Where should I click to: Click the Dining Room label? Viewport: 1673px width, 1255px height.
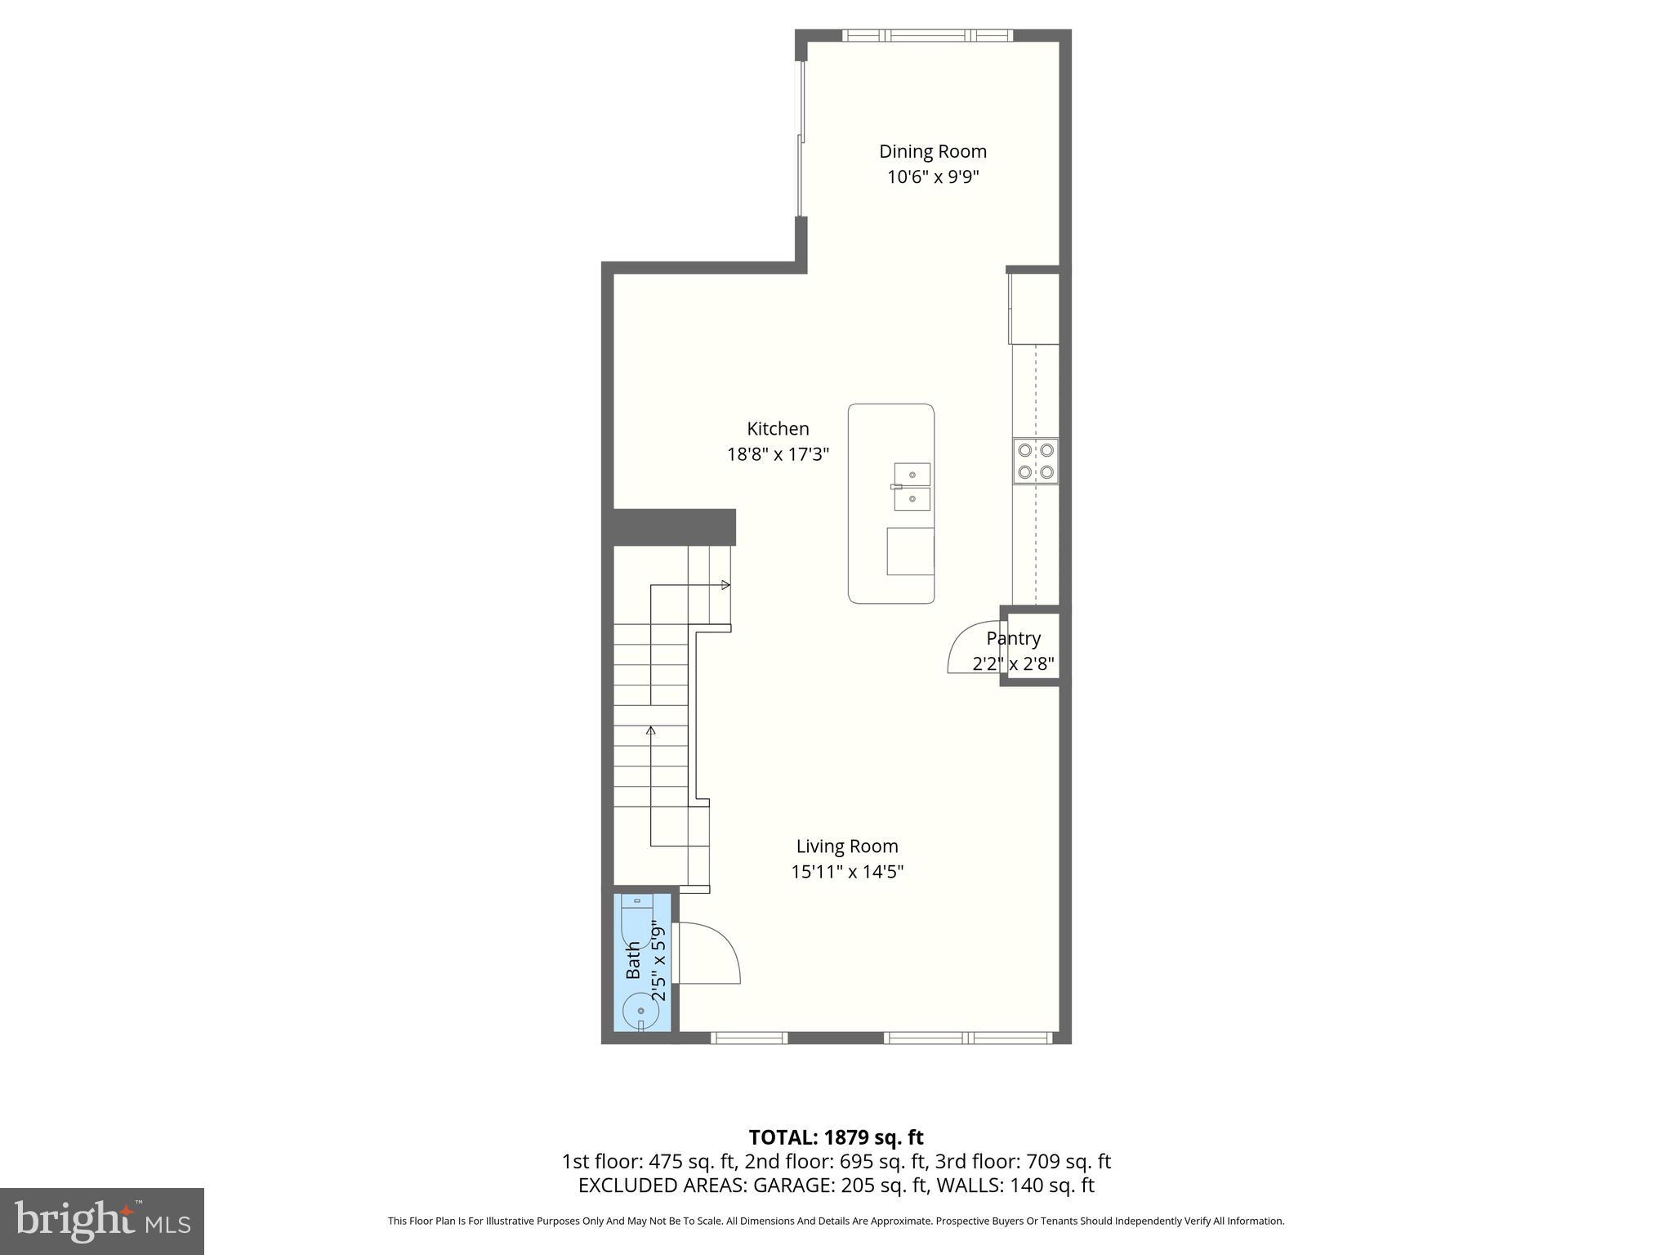[932, 151]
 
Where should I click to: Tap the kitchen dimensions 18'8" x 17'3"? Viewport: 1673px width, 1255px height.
[778, 454]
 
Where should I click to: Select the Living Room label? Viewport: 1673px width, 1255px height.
[847, 846]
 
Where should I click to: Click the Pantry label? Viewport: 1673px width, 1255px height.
[1013, 638]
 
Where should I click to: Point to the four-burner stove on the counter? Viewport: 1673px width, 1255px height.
[1035, 461]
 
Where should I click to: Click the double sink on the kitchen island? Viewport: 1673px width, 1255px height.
[912, 486]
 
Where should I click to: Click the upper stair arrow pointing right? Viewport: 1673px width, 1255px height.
[724, 585]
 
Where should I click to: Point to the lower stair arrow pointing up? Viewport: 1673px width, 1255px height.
[651, 730]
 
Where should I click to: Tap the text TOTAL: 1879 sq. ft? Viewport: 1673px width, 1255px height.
[836, 1137]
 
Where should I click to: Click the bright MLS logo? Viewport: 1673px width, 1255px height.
[101, 1221]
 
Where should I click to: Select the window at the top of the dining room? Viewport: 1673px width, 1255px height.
[927, 35]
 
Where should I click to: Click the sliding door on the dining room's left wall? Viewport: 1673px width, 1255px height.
[801, 139]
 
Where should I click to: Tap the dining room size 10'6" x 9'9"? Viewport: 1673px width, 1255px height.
[932, 176]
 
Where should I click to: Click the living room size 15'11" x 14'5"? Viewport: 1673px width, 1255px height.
[847, 872]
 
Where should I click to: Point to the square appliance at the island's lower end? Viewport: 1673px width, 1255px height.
[909, 551]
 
